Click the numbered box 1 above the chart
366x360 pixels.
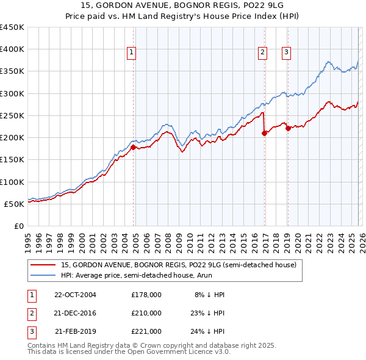[132, 53]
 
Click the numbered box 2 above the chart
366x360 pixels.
[263, 53]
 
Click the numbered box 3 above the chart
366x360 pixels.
[286, 53]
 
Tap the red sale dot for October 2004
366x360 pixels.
[133, 146]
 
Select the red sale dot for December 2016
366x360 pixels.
[264, 133]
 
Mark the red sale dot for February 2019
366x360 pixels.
[288, 128]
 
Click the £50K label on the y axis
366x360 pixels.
[14, 204]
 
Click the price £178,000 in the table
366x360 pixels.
[146, 294]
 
